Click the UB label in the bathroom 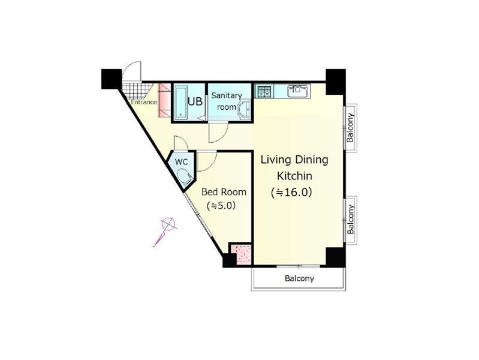coord(195,101)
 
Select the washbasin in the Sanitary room coord(244,110)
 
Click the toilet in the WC coord(185,179)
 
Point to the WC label coord(181,162)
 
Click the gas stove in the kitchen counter coord(264,91)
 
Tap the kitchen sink coord(299,91)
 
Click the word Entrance coord(144,102)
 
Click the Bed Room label coord(224,192)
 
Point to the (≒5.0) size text coord(221,206)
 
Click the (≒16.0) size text coord(291,193)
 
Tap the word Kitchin coord(294,176)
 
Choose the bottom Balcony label coord(299,278)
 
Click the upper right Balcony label coord(350,128)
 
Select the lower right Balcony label coord(350,220)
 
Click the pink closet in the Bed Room coord(242,254)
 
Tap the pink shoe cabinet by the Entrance coord(164,100)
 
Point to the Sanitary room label coord(227,101)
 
